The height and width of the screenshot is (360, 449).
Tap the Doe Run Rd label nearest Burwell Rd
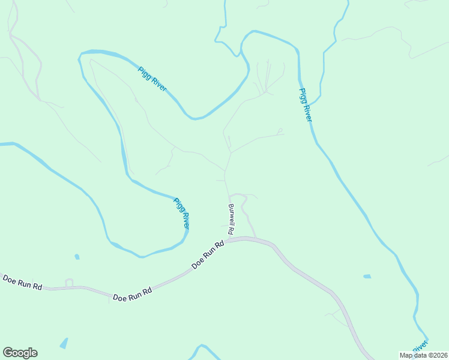coord(208,255)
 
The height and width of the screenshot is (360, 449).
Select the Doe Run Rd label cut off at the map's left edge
coord(22,283)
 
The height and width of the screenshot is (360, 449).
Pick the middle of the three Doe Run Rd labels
coord(132,293)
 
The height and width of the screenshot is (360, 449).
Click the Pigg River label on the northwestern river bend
coord(152,79)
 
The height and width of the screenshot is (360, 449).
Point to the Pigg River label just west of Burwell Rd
coord(181,213)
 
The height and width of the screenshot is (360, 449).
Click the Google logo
coord(20,353)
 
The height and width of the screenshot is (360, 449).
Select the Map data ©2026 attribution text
coord(423,355)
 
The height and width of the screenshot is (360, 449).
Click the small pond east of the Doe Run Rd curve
coord(367,277)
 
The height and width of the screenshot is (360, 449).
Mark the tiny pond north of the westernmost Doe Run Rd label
coord(77,257)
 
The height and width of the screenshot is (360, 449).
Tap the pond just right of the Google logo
coord(63,344)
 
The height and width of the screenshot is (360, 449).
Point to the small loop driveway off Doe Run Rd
coord(68,282)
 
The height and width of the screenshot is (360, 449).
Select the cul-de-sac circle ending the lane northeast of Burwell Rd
coord(280,130)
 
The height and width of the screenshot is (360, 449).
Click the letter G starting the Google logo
coord(7,353)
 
